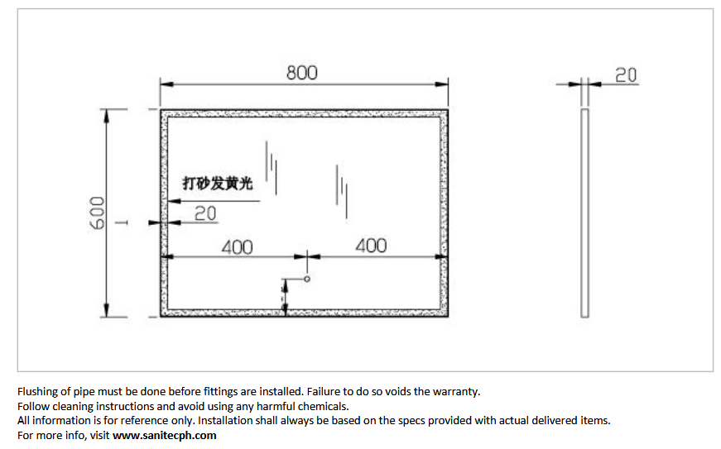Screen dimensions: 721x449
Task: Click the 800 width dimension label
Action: tap(301, 73)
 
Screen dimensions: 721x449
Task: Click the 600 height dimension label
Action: tap(97, 213)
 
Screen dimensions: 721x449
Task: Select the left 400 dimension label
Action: tap(238, 247)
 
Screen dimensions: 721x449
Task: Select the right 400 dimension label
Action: tap(371, 246)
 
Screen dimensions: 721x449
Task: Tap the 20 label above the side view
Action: tap(626, 75)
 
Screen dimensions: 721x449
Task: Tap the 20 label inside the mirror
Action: tap(205, 213)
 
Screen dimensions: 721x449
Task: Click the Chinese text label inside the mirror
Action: tap(218, 184)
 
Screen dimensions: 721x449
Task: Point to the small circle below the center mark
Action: tap(307, 279)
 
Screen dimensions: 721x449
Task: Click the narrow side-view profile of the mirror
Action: tap(584, 213)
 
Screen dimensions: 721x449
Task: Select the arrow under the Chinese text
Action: tap(214, 201)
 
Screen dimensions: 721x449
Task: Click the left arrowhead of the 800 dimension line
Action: tap(167, 84)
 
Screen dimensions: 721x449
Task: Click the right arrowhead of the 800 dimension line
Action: tap(441, 84)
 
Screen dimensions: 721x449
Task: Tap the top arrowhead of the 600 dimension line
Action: tap(107, 116)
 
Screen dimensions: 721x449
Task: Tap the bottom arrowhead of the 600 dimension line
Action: tap(107, 310)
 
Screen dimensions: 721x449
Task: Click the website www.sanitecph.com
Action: tap(164, 435)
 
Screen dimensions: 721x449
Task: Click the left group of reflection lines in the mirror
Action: tap(272, 168)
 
